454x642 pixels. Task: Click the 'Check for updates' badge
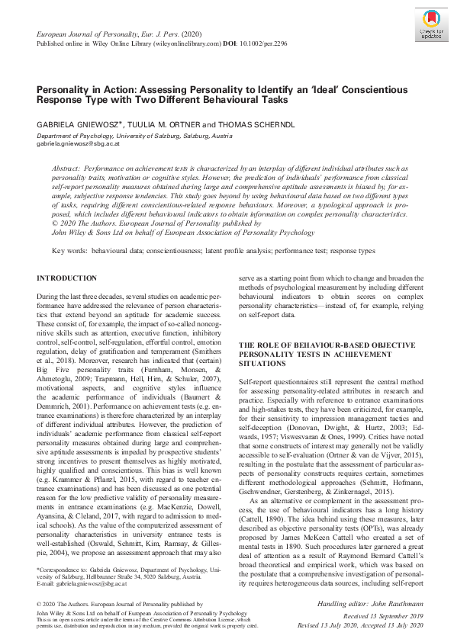click(x=428, y=26)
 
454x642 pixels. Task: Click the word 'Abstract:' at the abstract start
click(x=67, y=167)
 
